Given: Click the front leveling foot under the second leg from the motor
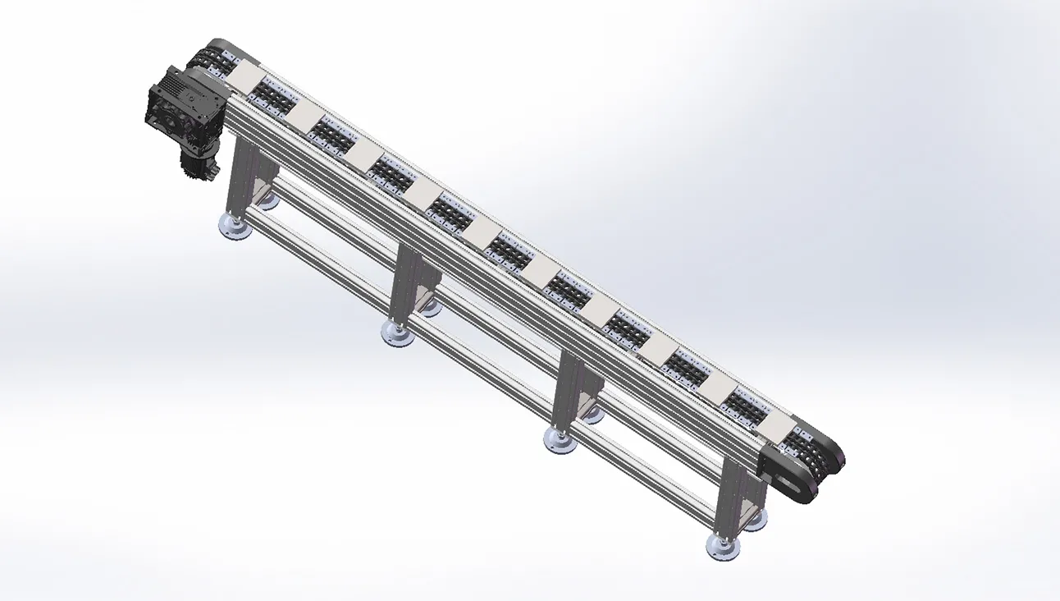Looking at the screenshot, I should (x=397, y=332).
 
